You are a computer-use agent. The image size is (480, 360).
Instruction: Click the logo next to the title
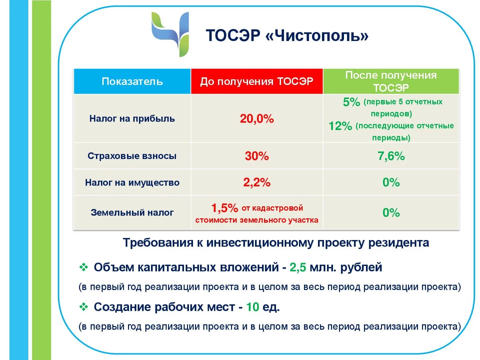[171, 34]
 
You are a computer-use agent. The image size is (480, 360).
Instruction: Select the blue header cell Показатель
[132, 81]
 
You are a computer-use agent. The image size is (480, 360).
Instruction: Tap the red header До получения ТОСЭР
[256, 81]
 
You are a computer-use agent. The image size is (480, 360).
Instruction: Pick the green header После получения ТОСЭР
[391, 81]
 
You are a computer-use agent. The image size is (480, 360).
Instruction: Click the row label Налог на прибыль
[132, 119]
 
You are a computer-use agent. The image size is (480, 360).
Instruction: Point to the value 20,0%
[257, 119]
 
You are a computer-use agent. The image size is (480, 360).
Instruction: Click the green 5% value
[351, 102]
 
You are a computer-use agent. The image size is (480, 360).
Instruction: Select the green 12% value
[340, 126]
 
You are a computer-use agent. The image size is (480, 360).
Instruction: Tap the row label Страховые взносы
[132, 156]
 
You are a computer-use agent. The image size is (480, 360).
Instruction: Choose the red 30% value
[257, 156]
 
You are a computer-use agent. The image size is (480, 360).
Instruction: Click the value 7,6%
[391, 156]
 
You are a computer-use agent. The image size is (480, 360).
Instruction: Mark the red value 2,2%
[257, 182]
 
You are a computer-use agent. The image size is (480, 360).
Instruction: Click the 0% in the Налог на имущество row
[391, 182]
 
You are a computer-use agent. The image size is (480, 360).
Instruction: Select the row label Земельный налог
[132, 213]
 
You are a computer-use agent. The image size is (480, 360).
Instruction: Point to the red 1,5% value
[224, 208]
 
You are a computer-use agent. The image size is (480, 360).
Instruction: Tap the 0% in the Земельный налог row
[391, 213]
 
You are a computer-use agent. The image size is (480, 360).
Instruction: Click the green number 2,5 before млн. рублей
[298, 267]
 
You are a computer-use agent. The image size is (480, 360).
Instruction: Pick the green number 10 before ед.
[252, 307]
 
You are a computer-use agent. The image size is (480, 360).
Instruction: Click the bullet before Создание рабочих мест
[83, 307]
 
